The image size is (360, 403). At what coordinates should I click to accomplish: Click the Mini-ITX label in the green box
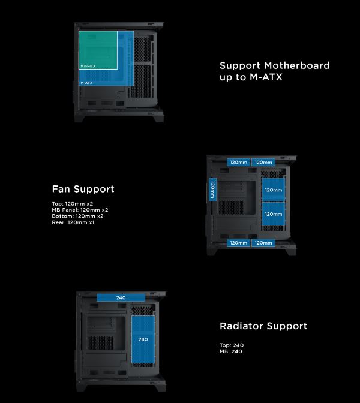(x=88, y=65)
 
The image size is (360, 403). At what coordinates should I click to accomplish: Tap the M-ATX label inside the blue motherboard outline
(x=86, y=82)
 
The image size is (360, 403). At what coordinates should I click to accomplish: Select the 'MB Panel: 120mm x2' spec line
(x=80, y=210)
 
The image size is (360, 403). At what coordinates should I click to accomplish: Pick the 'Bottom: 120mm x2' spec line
(x=77, y=216)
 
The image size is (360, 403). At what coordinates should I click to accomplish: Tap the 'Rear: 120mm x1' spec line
(x=73, y=222)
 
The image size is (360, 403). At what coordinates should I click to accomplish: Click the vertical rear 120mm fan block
(x=212, y=190)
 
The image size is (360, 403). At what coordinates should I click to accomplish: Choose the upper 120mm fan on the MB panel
(x=273, y=190)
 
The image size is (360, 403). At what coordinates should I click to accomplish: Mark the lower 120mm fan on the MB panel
(x=273, y=213)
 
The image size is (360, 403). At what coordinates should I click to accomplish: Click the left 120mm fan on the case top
(x=238, y=162)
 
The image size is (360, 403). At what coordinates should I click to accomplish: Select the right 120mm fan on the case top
(x=263, y=162)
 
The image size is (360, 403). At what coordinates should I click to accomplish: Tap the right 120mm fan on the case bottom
(x=263, y=243)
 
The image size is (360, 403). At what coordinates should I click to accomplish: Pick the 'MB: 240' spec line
(x=232, y=351)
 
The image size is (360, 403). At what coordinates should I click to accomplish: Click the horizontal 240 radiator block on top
(x=121, y=297)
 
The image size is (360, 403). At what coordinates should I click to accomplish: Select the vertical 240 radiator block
(x=143, y=339)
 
